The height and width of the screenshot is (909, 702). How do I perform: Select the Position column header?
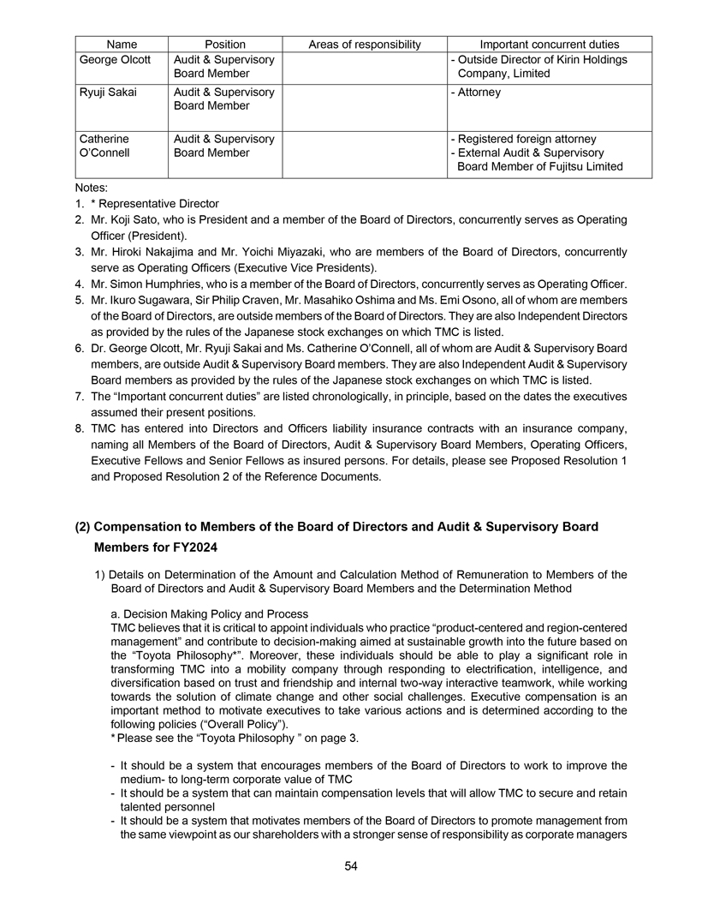(x=225, y=45)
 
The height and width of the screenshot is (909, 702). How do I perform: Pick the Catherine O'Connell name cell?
(x=107, y=146)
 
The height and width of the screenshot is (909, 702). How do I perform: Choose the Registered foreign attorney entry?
(x=526, y=139)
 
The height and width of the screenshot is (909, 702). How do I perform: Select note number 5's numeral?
(x=79, y=301)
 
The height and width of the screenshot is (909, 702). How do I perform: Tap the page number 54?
(x=351, y=866)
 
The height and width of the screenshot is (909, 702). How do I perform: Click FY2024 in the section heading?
(x=190, y=548)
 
